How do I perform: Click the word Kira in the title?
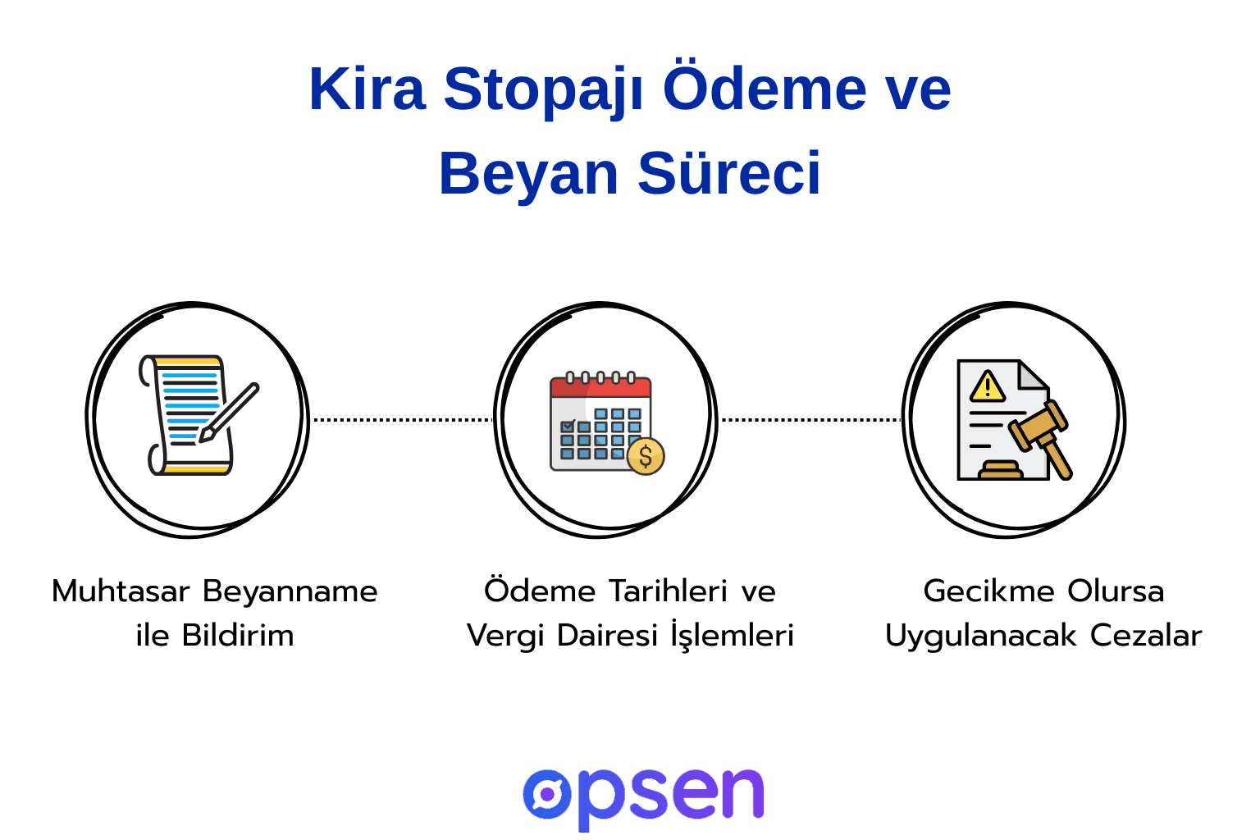(x=367, y=89)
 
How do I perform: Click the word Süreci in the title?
(x=728, y=174)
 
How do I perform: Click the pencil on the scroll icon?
(x=231, y=412)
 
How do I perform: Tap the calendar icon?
(x=601, y=422)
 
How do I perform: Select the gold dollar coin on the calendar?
(x=646, y=456)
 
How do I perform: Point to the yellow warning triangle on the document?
(x=988, y=386)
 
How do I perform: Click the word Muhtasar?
(x=121, y=591)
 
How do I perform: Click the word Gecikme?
(x=989, y=591)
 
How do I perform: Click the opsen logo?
(x=643, y=796)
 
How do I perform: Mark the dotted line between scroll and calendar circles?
(x=402, y=420)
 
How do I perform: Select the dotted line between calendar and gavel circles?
(x=810, y=420)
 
